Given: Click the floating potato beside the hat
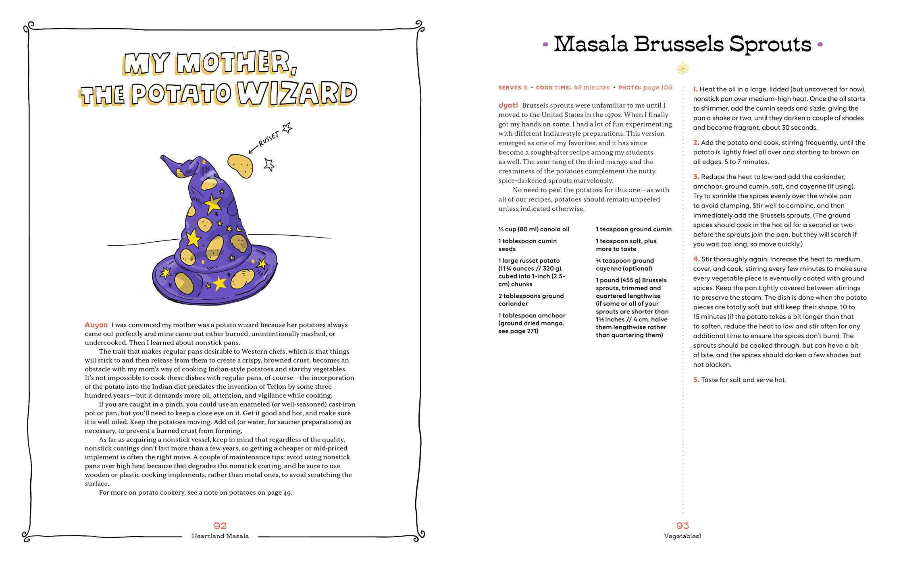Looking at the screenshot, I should [241, 165].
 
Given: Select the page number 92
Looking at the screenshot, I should [220, 526].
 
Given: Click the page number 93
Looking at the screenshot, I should [682, 526].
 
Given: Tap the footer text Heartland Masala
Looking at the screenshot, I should [220, 536].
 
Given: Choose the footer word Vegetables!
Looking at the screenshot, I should [682, 536].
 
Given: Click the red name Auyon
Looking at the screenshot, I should [96, 325].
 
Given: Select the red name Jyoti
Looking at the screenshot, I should [508, 105].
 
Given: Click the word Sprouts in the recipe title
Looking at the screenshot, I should [770, 44].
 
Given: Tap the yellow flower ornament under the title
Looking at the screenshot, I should [683, 69].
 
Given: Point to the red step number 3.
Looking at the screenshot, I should [696, 177].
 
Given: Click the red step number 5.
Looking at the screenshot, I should [696, 380].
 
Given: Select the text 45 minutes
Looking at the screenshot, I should [591, 87].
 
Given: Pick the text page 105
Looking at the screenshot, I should [657, 87].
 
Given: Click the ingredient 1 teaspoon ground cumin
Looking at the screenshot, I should [634, 229].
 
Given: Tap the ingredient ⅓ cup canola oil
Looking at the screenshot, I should [534, 229].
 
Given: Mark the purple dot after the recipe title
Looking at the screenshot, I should [820, 45].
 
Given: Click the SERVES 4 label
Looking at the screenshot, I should [512, 87].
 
